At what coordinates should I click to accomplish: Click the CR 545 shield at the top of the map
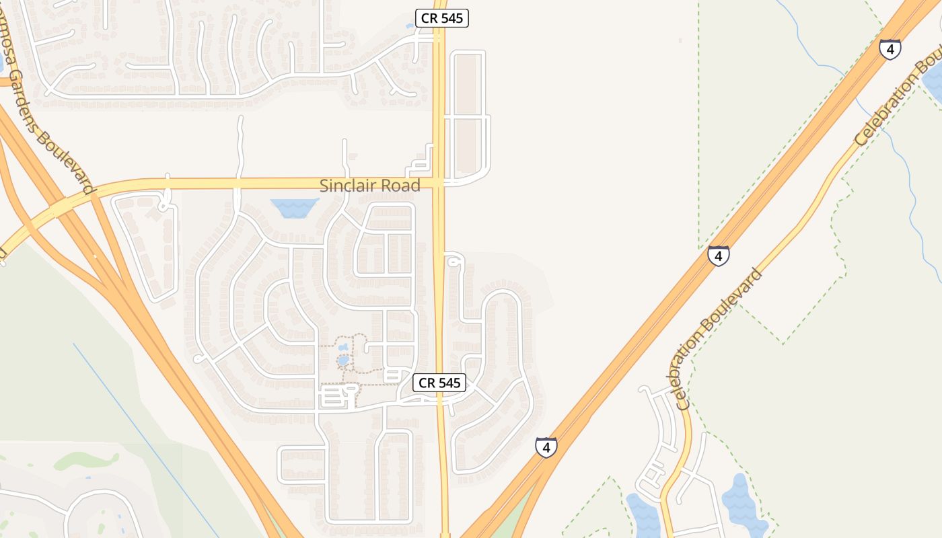441,18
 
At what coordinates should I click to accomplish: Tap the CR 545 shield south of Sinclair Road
439,383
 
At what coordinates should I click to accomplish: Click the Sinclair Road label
369,186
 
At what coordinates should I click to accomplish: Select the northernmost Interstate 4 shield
890,49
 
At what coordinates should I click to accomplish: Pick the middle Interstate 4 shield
719,256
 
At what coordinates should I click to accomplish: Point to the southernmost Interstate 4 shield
546,447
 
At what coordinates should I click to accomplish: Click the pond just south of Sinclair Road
294,208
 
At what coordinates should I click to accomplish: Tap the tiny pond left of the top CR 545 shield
410,26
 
